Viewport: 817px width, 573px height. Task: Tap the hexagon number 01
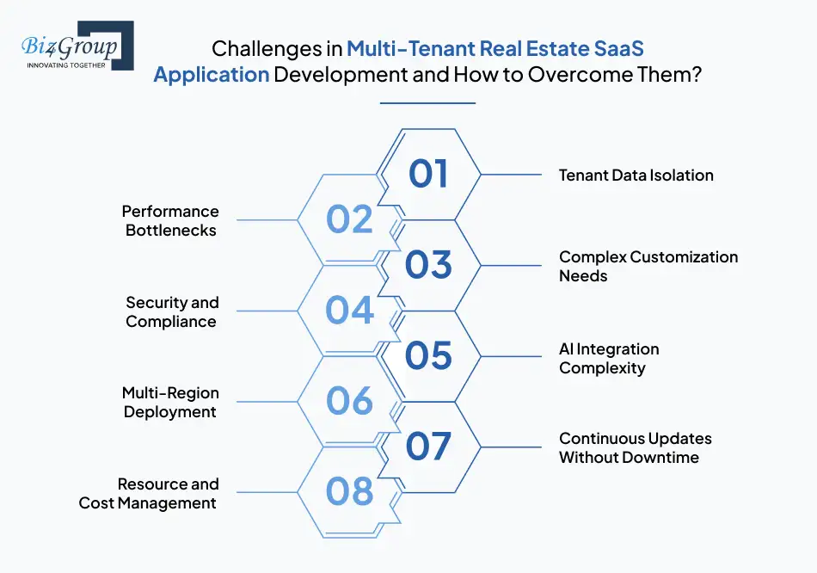[x=428, y=174]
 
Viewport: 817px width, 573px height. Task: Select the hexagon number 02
[x=349, y=219]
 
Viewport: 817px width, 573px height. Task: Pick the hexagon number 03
[x=428, y=265]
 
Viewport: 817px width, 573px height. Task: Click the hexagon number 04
[x=349, y=311]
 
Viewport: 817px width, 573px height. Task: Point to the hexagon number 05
[x=428, y=356]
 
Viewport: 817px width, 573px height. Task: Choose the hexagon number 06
[x=349, y=401]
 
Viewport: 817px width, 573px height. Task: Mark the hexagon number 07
[x=428, y=447]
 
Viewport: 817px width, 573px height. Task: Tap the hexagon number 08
[x=349, y=492]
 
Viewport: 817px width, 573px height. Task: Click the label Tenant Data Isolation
[x=636, y=175]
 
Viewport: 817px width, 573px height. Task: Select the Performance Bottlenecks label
[x=170, y=220]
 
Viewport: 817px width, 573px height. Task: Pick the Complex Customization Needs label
[x=648, y=266]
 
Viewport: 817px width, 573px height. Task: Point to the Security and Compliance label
[x=171, y=311]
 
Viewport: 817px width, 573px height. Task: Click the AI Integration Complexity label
[x=609, y=358]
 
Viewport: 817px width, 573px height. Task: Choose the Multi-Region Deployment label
[x=169, y=402]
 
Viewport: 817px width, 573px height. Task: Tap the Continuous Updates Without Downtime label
[x=635, y=447]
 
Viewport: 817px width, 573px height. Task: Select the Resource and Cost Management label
[x=148, y=493]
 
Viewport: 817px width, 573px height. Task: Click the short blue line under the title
[x=427, y=103]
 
